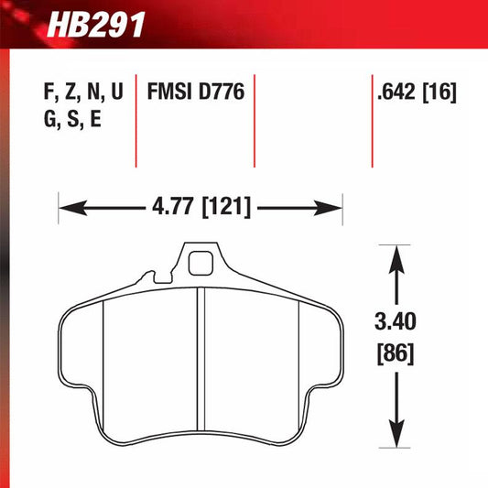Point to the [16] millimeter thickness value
click(439, 92)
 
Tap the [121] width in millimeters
click(227, 208)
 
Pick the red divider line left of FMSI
click(136, 119)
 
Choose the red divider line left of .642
click(372, 119)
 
